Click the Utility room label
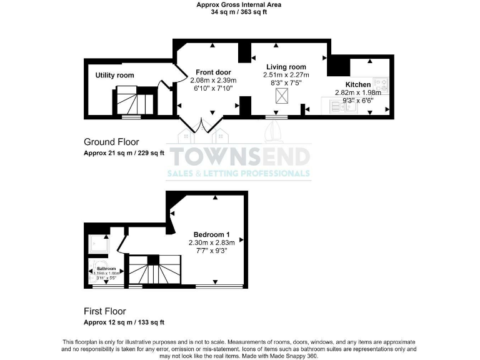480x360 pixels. [114, 75]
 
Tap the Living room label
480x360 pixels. [286, 67]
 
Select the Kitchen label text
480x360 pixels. [358, 84]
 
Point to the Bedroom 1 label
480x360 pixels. [211, 234]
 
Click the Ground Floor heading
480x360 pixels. [111, 142]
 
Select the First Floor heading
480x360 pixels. [105, 311]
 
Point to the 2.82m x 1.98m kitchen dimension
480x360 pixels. [358, 92]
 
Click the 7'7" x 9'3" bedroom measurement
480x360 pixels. [211, 251]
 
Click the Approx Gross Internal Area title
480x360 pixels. [239, 4]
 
